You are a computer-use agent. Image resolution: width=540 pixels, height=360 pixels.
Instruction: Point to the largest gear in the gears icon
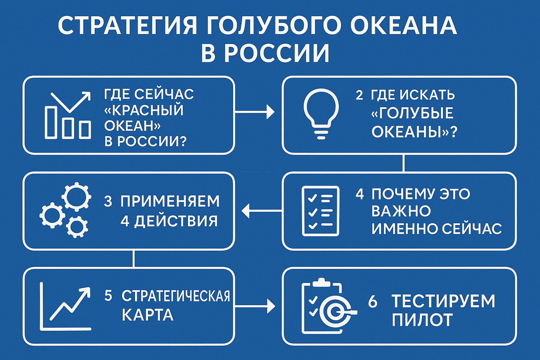click(x=72, y=195)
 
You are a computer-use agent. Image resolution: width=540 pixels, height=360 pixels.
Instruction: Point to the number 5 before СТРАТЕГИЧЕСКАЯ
click(x=108, y=297)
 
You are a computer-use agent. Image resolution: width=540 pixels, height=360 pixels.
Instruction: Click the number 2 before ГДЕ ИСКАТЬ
click(x=359, y=95)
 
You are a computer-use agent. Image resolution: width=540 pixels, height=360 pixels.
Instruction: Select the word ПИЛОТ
click(x=422, y=320)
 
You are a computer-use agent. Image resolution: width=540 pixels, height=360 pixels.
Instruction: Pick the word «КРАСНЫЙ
click(x=144, y=110)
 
